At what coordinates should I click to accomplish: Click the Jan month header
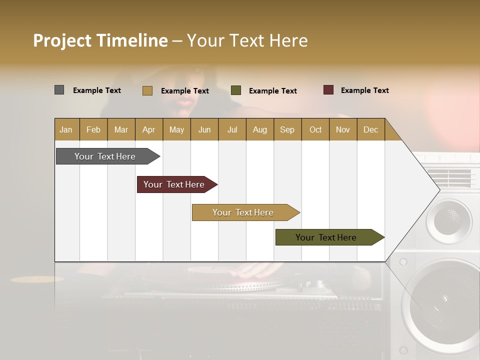click(x=66, y=129)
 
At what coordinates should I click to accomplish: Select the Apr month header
click(x=148, y=129)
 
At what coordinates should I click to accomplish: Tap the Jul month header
click(x=232, y=129)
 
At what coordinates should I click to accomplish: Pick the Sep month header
click(x=287, y=129)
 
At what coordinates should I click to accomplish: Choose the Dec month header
click(x=370, y=129)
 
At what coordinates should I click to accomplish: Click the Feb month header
click(x=93, y=129)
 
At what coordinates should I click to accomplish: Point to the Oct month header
click(x=315, y=129)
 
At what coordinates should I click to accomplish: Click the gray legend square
click(x=59, y=90)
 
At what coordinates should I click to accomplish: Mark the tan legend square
click(x=147, y=90)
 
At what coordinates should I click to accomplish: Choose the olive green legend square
click(x=236, y=90)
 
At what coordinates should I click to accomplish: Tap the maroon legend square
click(x=328, y=90)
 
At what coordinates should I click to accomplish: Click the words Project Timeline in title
click(x=100, y=40)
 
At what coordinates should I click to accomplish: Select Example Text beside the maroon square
click(x=364, y=90)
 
